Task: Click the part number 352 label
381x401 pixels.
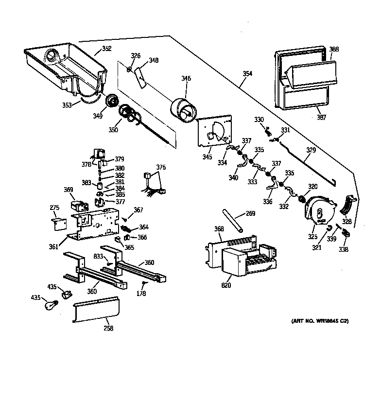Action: click(x=106, y=49)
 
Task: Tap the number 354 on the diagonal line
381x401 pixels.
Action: click(x=247, y=73)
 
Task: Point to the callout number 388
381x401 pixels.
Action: click(x=334, y=49)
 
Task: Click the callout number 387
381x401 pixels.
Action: click(x=321, y=117)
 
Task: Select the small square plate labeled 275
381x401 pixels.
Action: click(x=57, y=222)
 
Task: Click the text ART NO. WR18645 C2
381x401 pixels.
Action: click(x=320, y=321)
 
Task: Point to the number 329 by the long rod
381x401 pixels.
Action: click(x=311, y=150)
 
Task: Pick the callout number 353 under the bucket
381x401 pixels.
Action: click(x=66, y=105)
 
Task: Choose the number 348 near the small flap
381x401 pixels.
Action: click(x=154, y=60)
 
